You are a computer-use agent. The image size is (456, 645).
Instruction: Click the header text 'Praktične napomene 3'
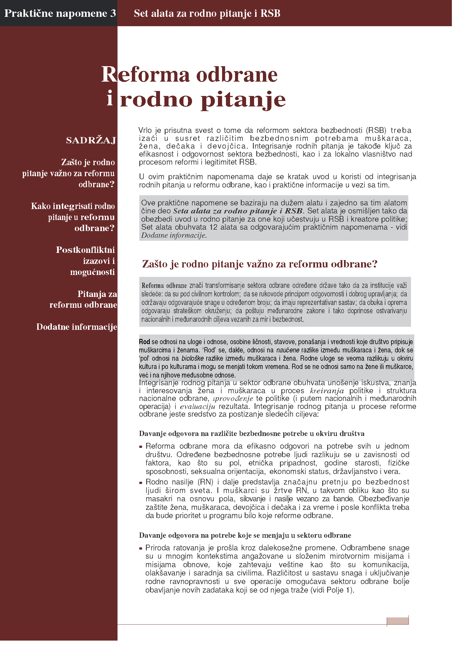60,14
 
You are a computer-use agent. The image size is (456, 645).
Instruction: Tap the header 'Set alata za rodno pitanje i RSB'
207,14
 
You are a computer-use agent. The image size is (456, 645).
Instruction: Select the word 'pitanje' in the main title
243,100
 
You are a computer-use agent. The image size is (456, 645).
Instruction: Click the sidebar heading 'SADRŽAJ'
91,140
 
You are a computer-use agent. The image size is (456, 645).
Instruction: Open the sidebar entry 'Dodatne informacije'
76,327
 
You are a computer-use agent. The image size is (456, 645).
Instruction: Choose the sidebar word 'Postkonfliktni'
85,250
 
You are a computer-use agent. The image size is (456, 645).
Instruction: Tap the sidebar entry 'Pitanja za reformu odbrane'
83,299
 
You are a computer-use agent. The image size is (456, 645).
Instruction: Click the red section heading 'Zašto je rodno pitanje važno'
259,264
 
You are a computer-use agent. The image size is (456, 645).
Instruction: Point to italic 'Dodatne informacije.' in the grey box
174,235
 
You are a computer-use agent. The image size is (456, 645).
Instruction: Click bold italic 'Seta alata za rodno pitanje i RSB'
238,211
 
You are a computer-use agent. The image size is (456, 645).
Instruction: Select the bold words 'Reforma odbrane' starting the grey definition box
164,286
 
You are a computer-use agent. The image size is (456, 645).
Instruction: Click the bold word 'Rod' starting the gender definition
145,342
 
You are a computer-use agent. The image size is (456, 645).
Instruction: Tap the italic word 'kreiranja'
326,391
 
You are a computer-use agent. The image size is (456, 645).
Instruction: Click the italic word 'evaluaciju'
198,406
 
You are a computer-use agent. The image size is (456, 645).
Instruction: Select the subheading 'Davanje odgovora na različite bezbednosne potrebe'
252,433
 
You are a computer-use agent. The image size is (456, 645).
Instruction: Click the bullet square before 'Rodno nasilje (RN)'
141,483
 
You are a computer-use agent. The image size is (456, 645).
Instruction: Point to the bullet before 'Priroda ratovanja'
141,548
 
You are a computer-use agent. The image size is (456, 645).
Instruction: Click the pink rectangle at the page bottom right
397,621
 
